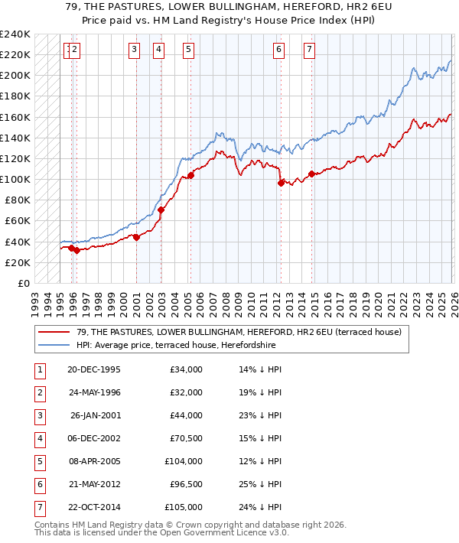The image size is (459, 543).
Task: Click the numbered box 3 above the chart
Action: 134,50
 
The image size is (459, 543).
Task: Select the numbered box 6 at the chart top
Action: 278,50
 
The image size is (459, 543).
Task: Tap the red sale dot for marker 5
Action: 190,175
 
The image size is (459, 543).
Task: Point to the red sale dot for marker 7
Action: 311,174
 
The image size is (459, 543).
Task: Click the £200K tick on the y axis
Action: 16,76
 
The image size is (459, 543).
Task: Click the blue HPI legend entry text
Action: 175,346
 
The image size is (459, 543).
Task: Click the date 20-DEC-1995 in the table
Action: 93,369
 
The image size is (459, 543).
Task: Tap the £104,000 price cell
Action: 184,461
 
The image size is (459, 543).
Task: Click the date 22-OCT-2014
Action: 93,507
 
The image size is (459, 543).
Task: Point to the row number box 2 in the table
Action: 38,392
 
